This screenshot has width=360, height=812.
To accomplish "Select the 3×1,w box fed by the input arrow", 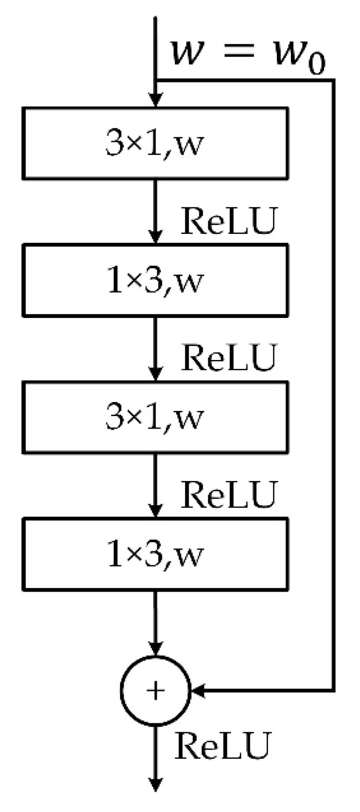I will tap(155, 143).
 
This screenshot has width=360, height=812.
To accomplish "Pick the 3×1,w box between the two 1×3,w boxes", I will tap(155, 417).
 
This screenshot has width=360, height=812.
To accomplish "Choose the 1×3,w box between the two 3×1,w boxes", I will tap(155, 280).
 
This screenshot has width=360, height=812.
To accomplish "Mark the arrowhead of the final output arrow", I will tap(155, 784).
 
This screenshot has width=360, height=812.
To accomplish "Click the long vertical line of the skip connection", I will tap(333, 383).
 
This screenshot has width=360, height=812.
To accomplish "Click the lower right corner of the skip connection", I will tap(333, 690).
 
